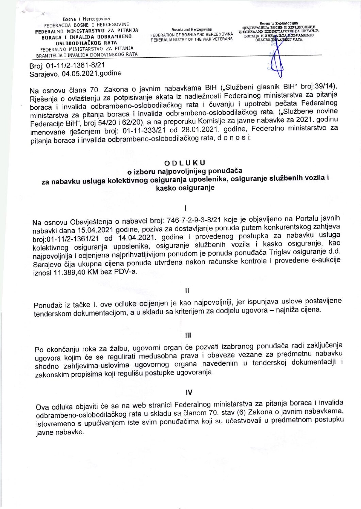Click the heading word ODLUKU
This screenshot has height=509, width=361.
coord(185,163)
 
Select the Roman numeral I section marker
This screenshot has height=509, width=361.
coord(185,208)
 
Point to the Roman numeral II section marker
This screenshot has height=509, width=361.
coord(187,290)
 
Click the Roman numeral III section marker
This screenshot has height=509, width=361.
coord(188,335)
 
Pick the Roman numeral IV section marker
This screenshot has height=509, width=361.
coord(189,392)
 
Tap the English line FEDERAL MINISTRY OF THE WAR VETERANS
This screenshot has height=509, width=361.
coord(192,39)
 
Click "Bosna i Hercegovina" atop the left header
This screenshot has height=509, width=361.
coord(86,19)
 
